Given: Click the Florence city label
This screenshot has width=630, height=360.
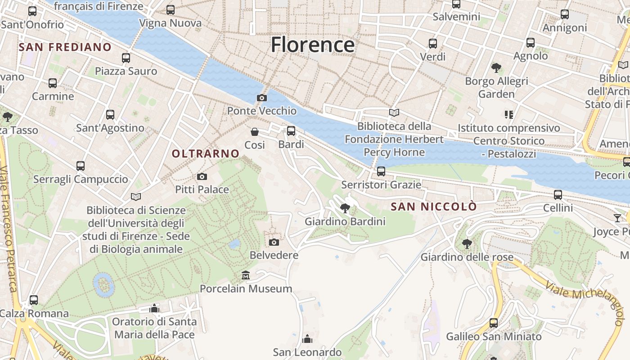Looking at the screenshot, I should pos(312,45).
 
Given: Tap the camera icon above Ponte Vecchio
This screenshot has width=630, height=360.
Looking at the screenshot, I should pos(261,98).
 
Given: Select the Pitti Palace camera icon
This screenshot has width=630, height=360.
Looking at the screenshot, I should pos(202,176).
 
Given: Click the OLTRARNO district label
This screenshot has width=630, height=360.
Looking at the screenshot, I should pos(206,153).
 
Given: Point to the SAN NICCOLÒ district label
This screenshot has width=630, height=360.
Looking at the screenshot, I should pos(433,207).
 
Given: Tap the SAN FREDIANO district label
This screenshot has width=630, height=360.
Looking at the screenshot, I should pos(65,47).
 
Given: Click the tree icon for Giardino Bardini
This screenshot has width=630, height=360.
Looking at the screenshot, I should pos(345,208).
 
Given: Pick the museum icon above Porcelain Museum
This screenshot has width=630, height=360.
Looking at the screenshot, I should pos(246,275).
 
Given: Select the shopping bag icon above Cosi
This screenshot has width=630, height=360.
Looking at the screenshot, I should pos(255,132).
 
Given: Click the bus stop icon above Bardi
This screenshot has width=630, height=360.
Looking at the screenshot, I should pos(291,131).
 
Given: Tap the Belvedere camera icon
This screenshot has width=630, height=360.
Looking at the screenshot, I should pos(274,243).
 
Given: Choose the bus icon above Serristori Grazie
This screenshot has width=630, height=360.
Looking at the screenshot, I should pos(381,171).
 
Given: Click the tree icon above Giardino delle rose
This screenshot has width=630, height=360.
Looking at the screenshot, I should pos(467,243).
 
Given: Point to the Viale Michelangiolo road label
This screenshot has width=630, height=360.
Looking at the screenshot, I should pos(585,299).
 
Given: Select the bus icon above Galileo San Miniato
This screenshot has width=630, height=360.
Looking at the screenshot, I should pos(494,323).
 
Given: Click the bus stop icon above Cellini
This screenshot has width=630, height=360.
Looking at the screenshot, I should pos(558,195).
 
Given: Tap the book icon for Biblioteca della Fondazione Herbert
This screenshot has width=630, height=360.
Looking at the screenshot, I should pos(394,112).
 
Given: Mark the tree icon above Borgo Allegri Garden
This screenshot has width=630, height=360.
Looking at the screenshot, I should pos(496,68).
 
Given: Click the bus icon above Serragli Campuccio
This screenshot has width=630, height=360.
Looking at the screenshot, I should pos(81,166).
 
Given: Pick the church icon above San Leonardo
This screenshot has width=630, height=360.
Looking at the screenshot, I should pos(307,338).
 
